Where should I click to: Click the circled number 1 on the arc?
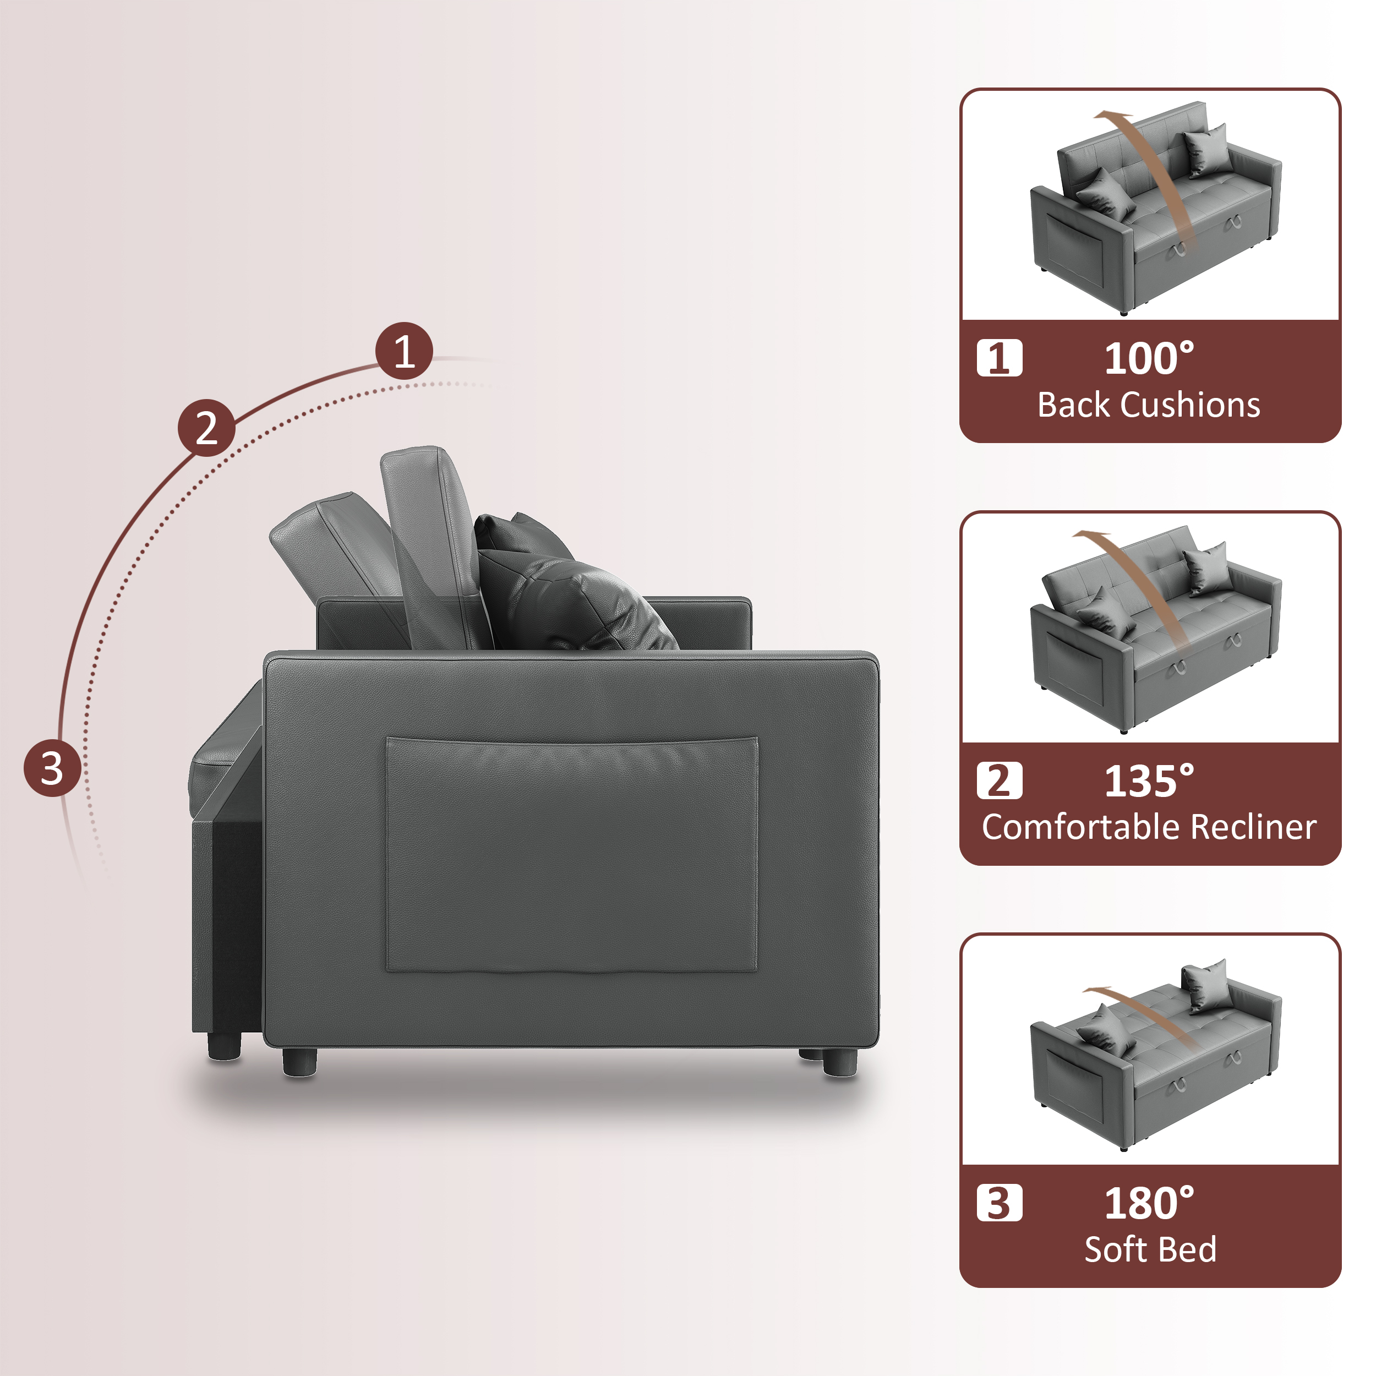coord(404,351)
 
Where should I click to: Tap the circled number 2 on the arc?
coord(206,428)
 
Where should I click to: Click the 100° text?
coord(1149,358)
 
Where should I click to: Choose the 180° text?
coord(1149,1203)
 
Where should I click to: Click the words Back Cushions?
coord(1149,405)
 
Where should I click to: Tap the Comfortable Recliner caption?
coord(1149,827)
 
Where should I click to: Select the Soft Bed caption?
coord(1150,1249)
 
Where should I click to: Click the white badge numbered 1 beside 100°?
coord(999,358)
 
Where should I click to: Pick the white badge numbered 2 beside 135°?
coord(999,780)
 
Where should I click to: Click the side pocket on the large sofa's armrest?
coord(571,855)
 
